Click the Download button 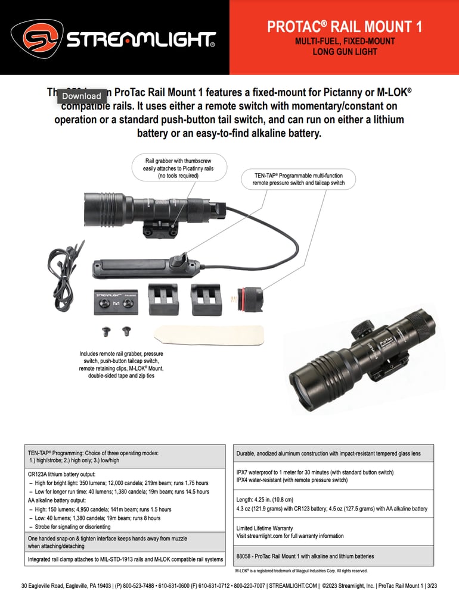click(x=82, y=96)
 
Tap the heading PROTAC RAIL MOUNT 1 click(x=345, y=26)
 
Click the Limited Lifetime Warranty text click(x=264, y=528)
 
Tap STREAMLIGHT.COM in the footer click(x=288, y=585)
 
